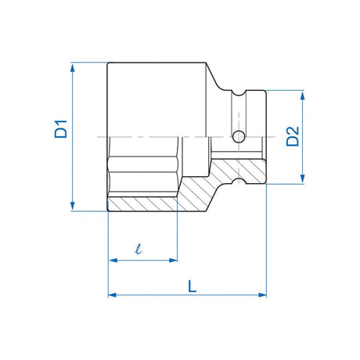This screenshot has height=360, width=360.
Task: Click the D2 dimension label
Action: [291, 138]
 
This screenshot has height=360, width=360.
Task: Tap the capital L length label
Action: [192, 286]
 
